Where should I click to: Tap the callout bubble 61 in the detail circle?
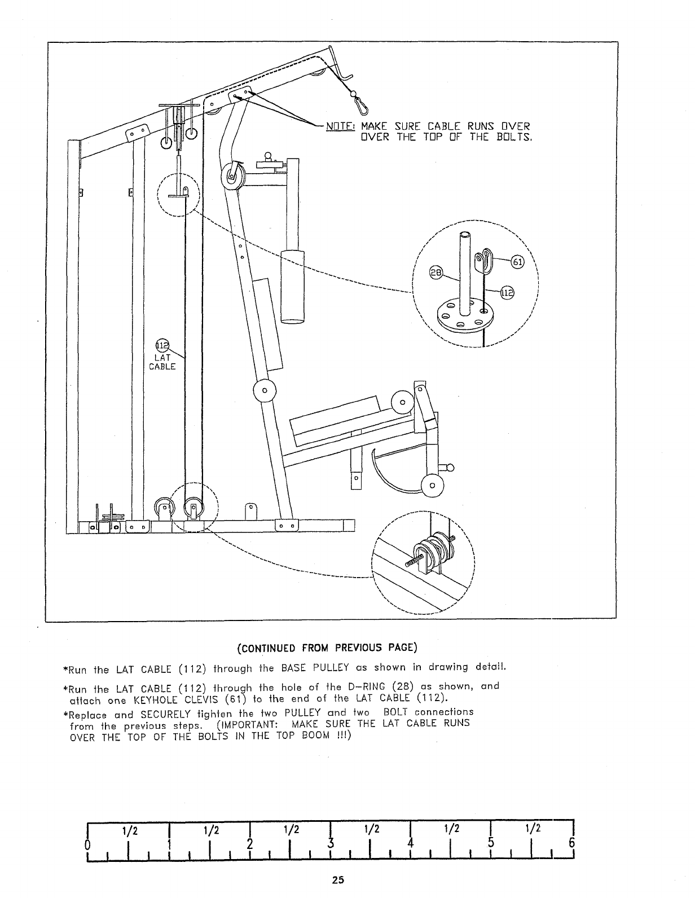517,262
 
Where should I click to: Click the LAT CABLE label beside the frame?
162,362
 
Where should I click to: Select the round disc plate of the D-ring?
461,316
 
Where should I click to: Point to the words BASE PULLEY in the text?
305,669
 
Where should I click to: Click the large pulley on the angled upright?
233,177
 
